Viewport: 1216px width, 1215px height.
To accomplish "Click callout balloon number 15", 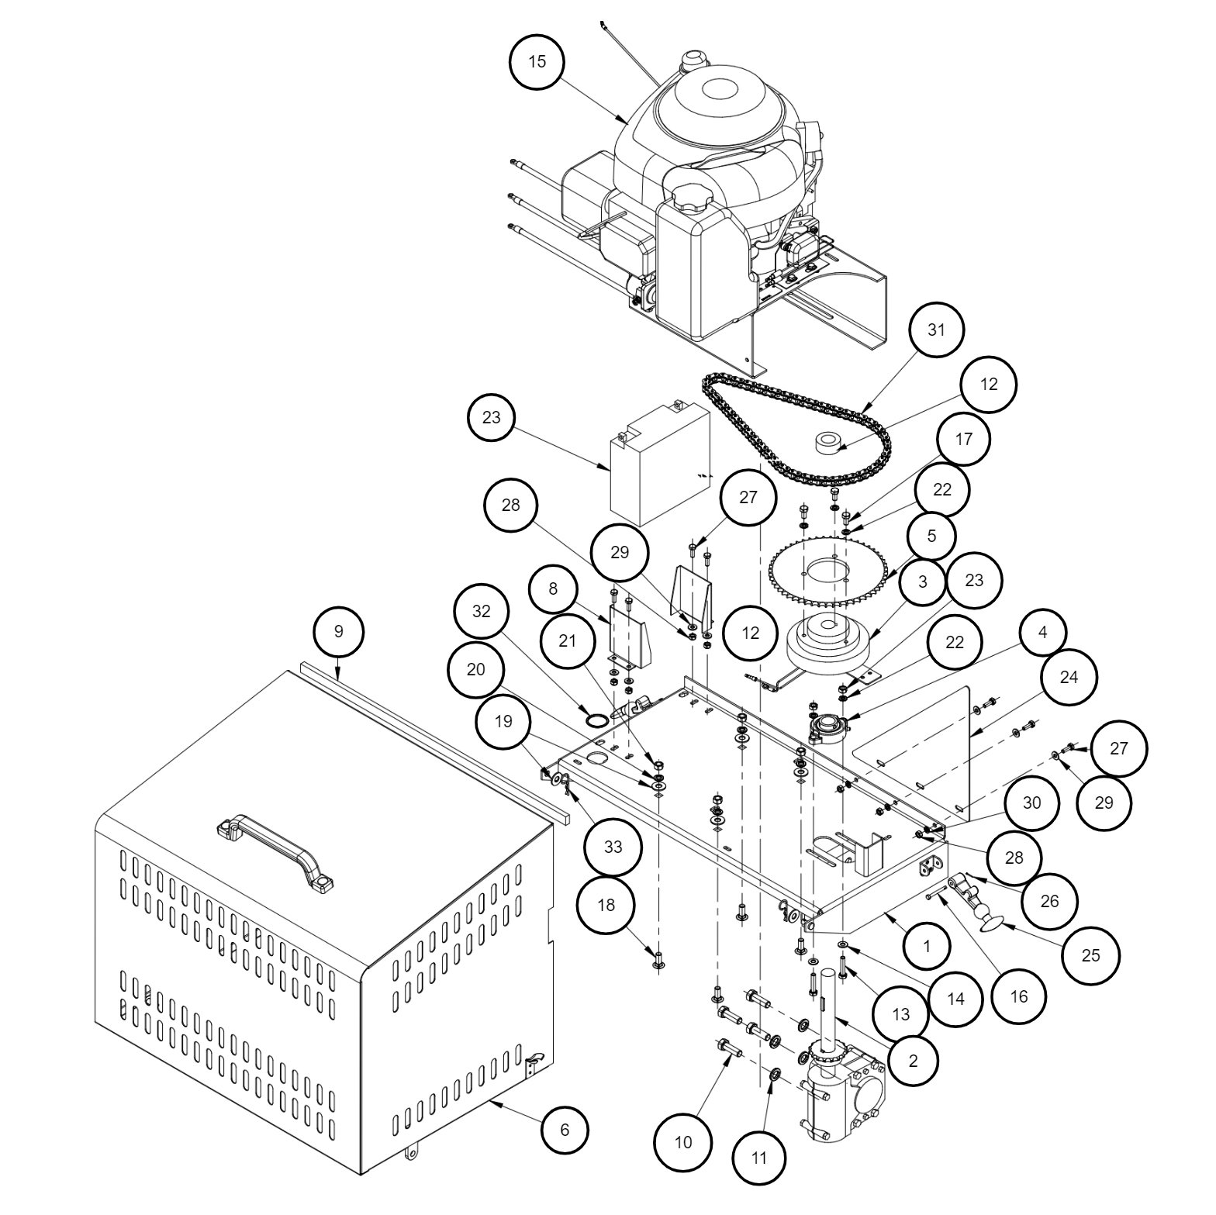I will (x=537, y=62).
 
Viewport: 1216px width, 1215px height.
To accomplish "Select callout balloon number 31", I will (x=936, y=330).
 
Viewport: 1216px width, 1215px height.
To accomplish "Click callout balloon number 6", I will (x=565, y=1130).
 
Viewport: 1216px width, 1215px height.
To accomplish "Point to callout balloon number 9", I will (x=338, y=631).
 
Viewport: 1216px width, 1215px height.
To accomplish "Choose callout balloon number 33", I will (x=613, y=847).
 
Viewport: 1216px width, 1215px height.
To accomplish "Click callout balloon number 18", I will (x=606, y=906).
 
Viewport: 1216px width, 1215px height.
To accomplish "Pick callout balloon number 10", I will (x=683, y=1142).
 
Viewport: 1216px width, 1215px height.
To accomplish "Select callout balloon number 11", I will (x=759, y=1158).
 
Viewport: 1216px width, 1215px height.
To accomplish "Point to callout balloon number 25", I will (x=1090, y=955).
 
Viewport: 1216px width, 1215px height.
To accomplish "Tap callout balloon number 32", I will (x=482, y=611).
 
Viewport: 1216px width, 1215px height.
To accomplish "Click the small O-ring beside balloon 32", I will (x=596, y=720).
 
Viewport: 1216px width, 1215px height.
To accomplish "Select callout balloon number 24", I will (x=1068, y=677).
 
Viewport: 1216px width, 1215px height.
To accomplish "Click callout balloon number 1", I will (x=927, y=945).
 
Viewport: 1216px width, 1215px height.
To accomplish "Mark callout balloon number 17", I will (x=963, y=440).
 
